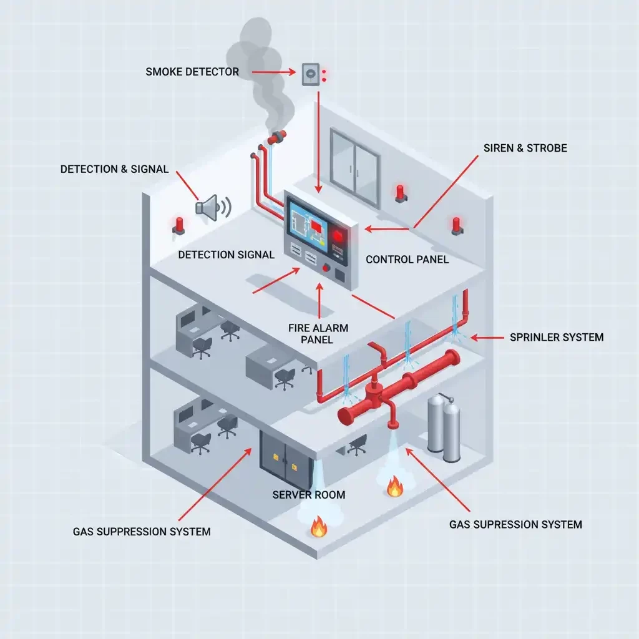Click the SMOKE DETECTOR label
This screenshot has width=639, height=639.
[x=192, y=72]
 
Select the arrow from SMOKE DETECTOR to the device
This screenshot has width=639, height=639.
[x=268, y=72]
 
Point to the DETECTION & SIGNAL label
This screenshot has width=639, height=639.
[x=114, y=169]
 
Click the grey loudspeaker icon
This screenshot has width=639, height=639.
[x=210, y=207]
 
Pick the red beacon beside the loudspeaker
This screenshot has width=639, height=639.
[x=179, y=225]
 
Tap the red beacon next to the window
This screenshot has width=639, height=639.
[x=400, y=193]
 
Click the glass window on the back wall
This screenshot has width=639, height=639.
[x=354, y=167]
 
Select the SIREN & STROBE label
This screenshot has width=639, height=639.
[x=525, y=149]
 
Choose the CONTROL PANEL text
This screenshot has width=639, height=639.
[x=407, y=260]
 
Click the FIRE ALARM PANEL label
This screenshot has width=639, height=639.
[x=318, y=334]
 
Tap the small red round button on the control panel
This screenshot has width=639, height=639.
[x=326, y=268]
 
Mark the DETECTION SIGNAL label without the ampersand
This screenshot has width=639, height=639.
[x=226, y=255]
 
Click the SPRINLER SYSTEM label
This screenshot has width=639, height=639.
[x=557, y=338]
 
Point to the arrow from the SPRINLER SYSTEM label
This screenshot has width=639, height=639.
[x=487, y=338]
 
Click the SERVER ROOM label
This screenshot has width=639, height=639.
[x=309, y=495]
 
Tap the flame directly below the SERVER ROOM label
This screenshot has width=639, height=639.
[x=319, y=529]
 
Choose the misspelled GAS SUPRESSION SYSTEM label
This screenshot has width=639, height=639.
[x=515, y=524]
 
